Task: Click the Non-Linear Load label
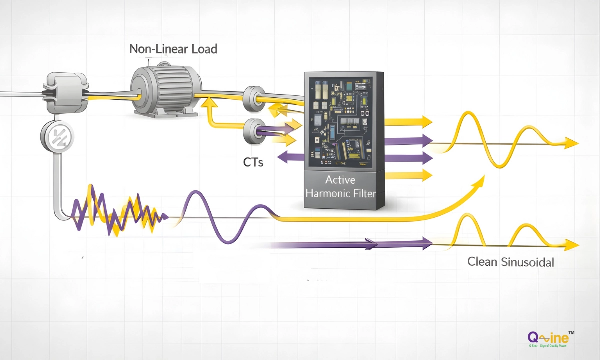pos(173,49)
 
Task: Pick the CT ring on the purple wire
pos(254,131)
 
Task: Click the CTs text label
pos(253,162)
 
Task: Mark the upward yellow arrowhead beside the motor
pos(206,102)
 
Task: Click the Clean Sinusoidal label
pos(510,262)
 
